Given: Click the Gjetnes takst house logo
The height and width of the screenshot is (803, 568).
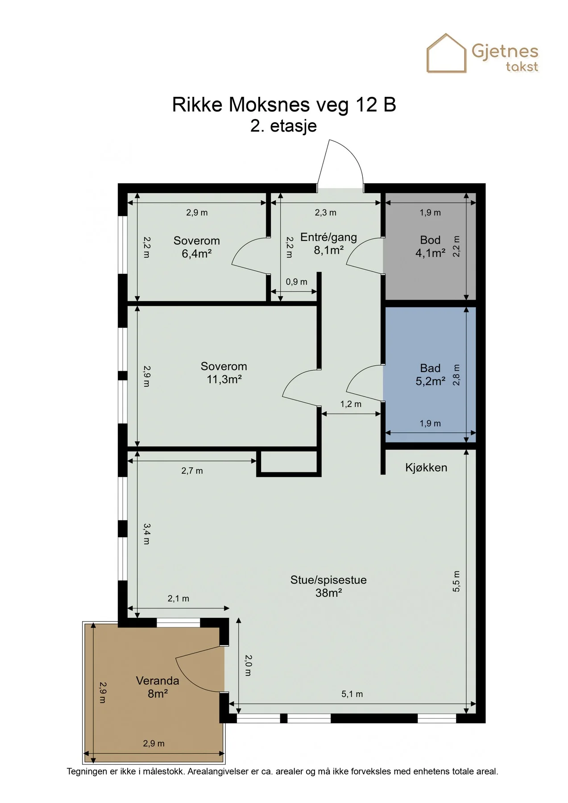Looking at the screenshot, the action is [x=446, y=53].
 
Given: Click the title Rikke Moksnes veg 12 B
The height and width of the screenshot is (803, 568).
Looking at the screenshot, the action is [x=284, y=105].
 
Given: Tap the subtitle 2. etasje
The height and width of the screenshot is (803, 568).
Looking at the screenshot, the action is [x=284, y=126].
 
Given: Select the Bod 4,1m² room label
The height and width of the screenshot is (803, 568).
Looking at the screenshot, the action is [x=430, y=247].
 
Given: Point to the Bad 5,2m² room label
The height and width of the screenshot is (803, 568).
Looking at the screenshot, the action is [x=430, y=375].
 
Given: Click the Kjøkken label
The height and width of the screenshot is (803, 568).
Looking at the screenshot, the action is [x=426, y=468].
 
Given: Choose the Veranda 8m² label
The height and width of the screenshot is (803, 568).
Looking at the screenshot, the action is [x=158, y=687].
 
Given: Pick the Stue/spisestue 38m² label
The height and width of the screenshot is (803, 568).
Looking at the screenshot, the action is [x=328, y=586].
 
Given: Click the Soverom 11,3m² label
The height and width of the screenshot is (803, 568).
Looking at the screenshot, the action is [x=224, y=373].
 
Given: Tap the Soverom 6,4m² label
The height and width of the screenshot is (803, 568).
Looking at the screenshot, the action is [x=197, y=247].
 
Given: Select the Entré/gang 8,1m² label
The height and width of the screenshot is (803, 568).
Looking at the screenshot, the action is [x=328, y=244].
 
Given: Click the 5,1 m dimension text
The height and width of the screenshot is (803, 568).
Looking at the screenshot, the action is [x=352, y=694].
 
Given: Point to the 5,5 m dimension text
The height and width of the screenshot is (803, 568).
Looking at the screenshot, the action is [x=456, y=581].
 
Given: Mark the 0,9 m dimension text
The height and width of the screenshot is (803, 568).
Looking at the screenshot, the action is [x=297, y=282].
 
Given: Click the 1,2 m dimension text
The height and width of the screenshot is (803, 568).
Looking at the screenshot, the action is [x=351, y=404].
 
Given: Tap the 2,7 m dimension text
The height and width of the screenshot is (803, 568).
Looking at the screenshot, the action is [x=192, y=471].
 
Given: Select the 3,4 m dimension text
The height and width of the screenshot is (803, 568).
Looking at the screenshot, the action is [x=146, y=534].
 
